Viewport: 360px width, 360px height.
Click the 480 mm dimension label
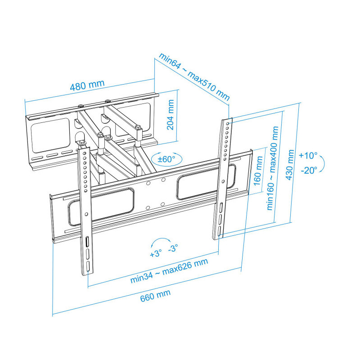coord(87,85)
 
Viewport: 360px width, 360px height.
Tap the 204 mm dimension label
coord(171,115)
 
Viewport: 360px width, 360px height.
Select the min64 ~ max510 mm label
coord(194,76)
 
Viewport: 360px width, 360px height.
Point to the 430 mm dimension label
coord(290,165)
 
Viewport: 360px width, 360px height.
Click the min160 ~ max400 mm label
coord(273,168)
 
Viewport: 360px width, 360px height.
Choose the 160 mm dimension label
coord(258,171)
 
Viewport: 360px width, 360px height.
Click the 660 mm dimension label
coord(155,296)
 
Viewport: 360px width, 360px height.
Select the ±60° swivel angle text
coord(166,159)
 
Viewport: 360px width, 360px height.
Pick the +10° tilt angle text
coord(308,155)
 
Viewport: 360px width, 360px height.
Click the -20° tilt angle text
coord(309,171)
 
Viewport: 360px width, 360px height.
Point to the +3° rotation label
coord(156,253)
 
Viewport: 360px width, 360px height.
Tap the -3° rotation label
coord(173,248)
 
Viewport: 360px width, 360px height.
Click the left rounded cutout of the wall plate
coord(50,136)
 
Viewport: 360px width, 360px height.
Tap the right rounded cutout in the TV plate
coord(206,181)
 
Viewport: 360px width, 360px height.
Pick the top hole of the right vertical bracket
coord(228,123)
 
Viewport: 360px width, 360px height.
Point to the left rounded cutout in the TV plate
coord(101,207)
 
